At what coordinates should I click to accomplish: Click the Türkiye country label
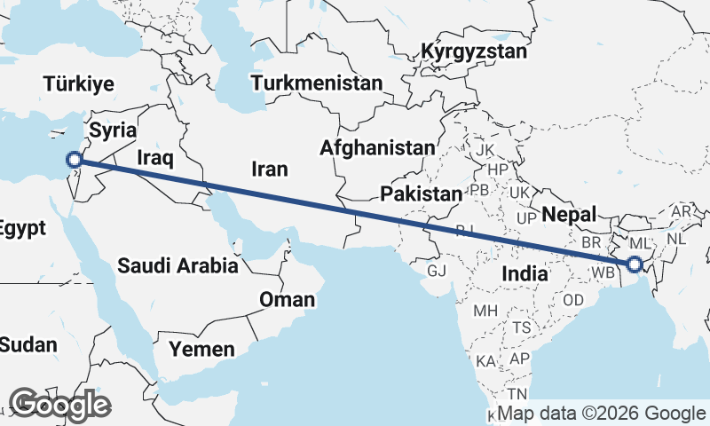click(80, 84)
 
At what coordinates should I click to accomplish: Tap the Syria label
click(114, 130)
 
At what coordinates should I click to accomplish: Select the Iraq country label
click(154, 158)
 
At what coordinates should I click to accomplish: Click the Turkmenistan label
click(317, 83)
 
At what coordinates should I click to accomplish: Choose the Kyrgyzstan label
click(474, 51)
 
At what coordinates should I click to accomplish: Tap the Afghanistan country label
click(379, 147)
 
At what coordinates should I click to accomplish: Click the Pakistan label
click(421, 193)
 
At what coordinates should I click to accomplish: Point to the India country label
click(525, 274)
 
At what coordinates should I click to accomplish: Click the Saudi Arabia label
click(177, 264)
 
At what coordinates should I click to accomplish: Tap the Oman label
click(287, 300)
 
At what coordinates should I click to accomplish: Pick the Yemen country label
click(203, 349)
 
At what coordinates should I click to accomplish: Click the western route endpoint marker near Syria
click(75, 160)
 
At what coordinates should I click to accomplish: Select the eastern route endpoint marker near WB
click(634, 264)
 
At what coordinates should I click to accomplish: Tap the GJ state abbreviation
click(437, 270)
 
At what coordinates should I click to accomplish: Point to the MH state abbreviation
click(485, 312)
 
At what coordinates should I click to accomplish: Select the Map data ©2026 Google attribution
click(601, 414)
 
